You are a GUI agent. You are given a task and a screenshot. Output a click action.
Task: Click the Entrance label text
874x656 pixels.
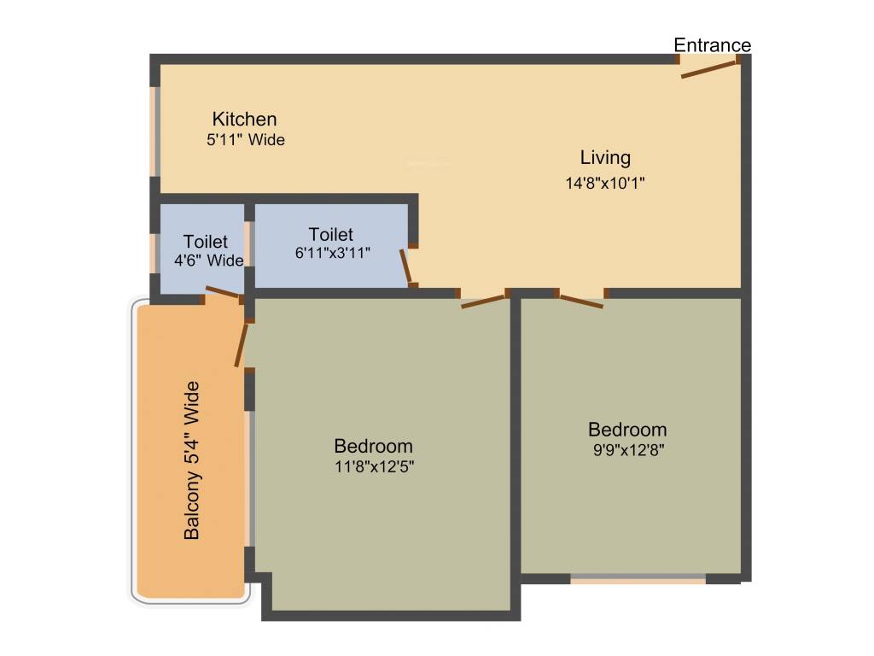pos(713,45)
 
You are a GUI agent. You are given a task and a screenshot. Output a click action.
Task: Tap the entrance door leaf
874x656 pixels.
pos(708,68)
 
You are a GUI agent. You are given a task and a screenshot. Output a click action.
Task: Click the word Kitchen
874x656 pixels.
pos(245,119)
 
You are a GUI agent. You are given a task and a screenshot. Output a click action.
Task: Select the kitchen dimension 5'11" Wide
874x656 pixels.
pos(246,140)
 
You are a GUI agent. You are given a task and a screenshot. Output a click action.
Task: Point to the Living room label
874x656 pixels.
pos(605,158)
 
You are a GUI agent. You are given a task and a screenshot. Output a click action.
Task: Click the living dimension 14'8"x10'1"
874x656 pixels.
pos(605,183)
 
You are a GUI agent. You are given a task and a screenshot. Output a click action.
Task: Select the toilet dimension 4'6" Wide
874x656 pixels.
pos(208,261)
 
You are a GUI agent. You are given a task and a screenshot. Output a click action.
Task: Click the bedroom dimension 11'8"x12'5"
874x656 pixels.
pos(374,467)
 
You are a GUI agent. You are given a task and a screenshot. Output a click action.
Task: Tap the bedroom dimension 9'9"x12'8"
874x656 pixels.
pos(627,451)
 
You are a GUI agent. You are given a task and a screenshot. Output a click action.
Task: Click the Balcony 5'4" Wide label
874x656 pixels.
pos(193,460)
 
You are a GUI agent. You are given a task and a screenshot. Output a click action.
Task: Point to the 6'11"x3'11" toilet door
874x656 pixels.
pos(406,266)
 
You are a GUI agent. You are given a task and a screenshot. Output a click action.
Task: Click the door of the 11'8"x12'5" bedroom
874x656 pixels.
pos(483,300)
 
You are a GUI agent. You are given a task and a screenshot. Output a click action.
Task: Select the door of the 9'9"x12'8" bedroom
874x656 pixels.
pos(580,300)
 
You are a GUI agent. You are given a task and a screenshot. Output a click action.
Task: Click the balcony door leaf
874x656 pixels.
pos(242,344)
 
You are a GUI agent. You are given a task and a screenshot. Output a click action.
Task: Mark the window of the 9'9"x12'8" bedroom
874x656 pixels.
pos(638,579)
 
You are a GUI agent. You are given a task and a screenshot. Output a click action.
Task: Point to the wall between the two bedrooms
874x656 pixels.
pos(516,444)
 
